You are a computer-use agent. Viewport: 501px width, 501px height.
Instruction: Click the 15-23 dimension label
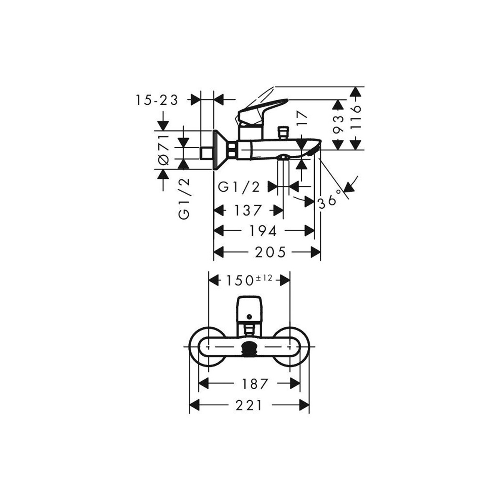point(157,100)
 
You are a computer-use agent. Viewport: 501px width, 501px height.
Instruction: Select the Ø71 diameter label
point(164,150)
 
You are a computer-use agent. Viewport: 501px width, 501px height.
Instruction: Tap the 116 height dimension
point(355,117)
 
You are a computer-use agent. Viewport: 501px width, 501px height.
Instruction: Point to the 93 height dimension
point(338,124)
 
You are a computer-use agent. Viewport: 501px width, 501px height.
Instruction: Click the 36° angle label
point(329,200)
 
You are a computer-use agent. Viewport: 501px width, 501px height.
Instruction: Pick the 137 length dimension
point(248,210)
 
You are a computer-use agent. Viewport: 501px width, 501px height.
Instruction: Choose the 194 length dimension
point(263,231)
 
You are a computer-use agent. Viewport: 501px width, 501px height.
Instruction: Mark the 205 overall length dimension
point(270,252)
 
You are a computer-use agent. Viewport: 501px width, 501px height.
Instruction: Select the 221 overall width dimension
point(249,412)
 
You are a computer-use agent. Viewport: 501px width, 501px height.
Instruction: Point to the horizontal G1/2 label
point(239,187)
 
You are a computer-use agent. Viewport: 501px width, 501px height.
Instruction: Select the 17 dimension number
point(302,119)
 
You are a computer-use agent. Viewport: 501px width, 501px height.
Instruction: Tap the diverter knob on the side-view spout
point(283,133)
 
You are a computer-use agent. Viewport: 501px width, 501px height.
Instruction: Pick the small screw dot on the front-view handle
point(250,316)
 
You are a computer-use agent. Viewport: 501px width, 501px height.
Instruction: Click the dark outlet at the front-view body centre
point(250,347)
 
